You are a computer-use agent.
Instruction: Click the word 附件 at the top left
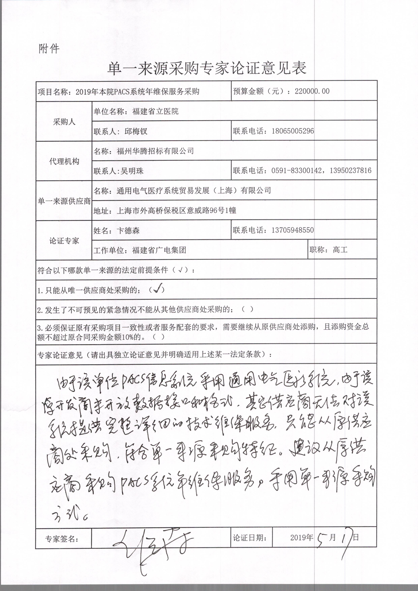click(49, 48)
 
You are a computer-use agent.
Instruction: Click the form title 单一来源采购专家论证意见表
click(207, 68)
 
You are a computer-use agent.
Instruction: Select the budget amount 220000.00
click(312, 91)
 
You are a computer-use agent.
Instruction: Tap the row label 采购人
click(64, 122)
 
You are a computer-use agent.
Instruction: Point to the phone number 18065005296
click(293, 131)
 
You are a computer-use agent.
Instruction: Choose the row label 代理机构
click(64, 161)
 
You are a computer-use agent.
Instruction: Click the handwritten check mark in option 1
click(158, 289)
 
